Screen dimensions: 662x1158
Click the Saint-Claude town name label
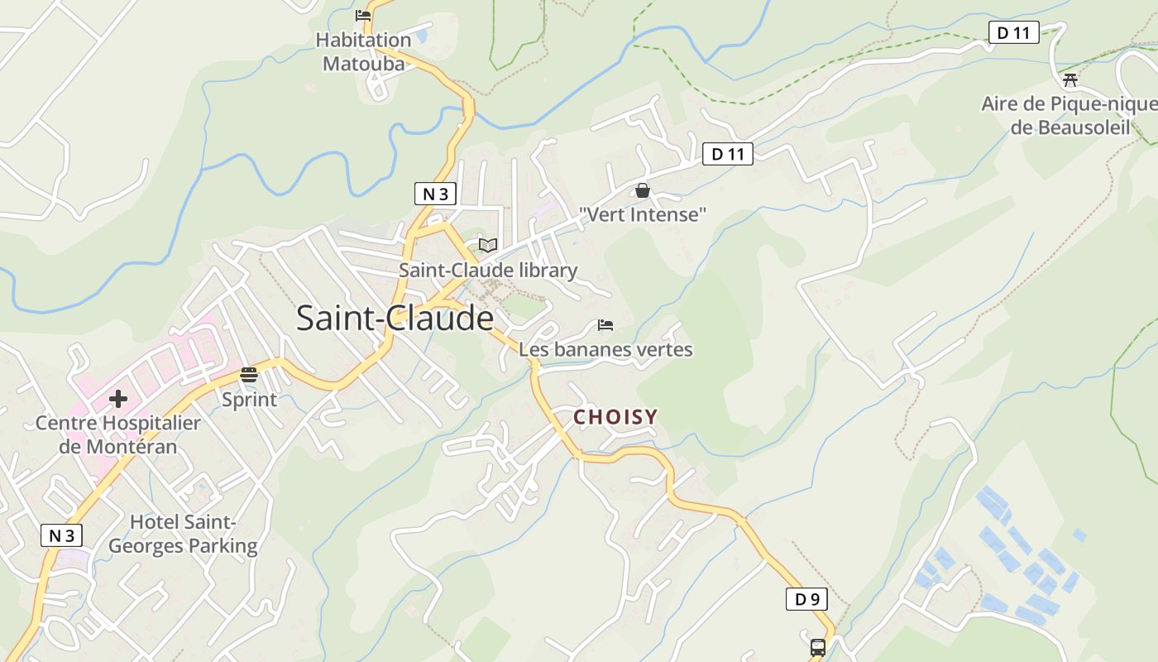click(395, 319)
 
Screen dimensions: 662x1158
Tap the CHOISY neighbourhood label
click(615, 417)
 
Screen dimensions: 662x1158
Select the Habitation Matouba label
click(364, 51)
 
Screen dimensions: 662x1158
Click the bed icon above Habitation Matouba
click(362, 15)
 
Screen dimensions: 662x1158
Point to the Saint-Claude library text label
click(488, 271)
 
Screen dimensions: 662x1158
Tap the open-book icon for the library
click(488, 245)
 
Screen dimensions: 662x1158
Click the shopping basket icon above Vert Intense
click(643, 191)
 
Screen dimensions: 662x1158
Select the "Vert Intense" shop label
click(643, 215)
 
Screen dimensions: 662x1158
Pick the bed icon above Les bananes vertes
click(605, 325)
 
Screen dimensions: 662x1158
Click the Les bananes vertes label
click(605, 349)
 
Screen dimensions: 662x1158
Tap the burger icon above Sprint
click(249, 375)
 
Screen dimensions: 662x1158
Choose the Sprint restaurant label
click(249, 400)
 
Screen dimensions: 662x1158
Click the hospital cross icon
click(118, 399)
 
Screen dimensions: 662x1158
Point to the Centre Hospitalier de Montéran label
click(118, 435)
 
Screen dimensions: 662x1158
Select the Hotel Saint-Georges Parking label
click(183, 535)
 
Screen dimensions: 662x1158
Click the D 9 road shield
click(806, 599)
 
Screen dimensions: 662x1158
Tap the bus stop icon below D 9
click(817, 647)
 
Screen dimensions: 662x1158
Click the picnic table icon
click(1070, 80)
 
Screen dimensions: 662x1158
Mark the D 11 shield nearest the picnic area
click(1013, 33)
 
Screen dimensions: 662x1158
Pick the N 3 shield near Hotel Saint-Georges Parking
click(62, 535)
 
